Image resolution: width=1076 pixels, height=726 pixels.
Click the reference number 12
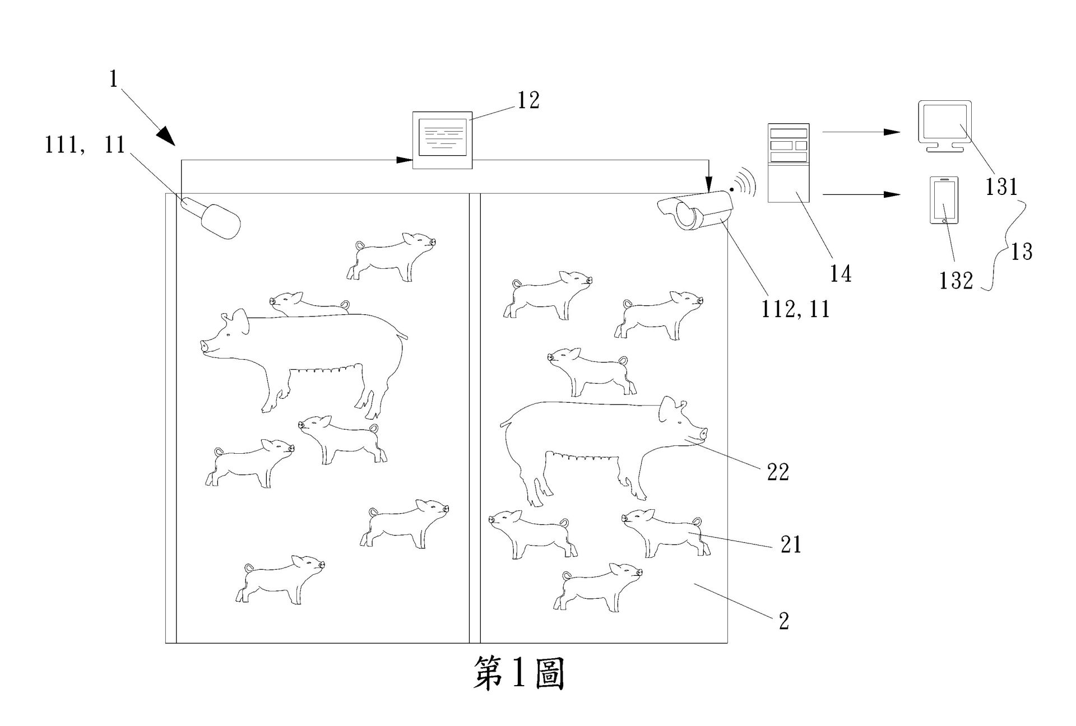[x=528, y=100]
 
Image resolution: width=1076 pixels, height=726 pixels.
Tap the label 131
[x=1001, y=187]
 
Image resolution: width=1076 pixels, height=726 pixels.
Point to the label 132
[x=956, y=280]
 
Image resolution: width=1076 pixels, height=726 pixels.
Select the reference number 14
[x=841, y=274]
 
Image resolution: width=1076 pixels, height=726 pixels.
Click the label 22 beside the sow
[x=778, y=472]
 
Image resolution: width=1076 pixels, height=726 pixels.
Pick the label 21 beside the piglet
[x=791, y=544]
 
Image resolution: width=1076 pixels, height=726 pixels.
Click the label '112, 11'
[x=795, y=309]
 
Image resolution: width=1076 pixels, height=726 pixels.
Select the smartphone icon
[x=944, y=201]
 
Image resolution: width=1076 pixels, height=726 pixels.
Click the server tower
[x=789, y=162]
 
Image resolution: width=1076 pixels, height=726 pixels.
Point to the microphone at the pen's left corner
[x=212, y=218]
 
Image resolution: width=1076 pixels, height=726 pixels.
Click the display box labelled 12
[x=443, y=140]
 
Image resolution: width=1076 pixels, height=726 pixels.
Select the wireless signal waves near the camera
[x=745, y=183]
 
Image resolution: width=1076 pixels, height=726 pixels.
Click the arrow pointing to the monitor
[x=860, y=132]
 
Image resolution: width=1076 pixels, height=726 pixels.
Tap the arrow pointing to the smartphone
[x=860, y=194]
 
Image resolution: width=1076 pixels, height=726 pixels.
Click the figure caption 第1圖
[x=519, y=673]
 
